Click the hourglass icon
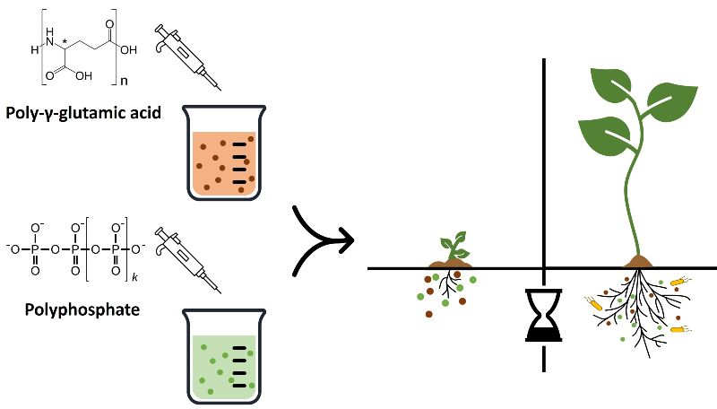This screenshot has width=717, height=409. point(544,316)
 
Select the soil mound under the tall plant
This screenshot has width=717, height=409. point(639,261)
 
